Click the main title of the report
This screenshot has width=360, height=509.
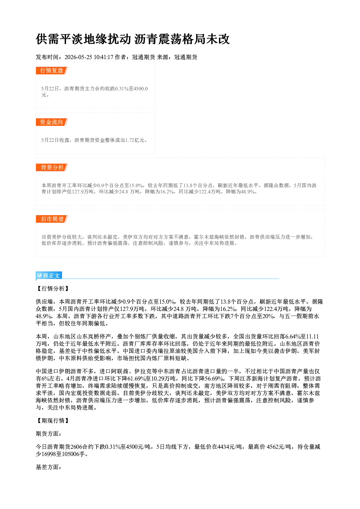point(133,39)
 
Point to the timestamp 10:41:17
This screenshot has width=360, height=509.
point(103,57)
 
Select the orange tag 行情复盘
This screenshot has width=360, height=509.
point(52,70)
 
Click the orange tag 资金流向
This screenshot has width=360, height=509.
point(52,122)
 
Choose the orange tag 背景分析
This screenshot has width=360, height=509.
point(52,167)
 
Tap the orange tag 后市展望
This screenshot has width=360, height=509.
point(52,219)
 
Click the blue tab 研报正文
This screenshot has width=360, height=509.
point(49,275)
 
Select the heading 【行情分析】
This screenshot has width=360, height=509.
point(53,288)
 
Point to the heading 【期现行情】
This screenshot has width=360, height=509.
point(53,420)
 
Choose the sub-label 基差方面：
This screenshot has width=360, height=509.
point(49,467)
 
